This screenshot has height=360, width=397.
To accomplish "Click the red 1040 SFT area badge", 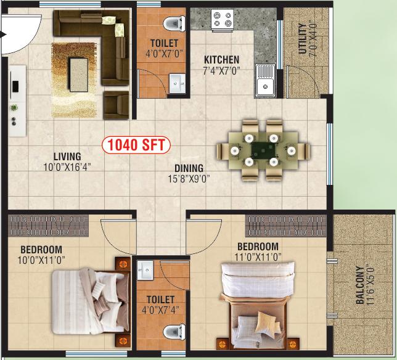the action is point(136,145).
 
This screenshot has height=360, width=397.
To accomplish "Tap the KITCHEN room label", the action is point(221,60).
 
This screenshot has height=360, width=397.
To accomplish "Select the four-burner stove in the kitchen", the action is point(223,20).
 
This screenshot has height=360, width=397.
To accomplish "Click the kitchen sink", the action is point(265,81).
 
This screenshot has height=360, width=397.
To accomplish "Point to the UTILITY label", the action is point(302,38).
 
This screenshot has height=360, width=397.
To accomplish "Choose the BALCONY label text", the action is point(359,285).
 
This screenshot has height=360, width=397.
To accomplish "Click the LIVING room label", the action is point(67,157).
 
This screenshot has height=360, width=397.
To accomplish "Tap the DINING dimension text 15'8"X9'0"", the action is point(189,179).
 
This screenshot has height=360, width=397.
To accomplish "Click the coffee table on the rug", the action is point(79,75).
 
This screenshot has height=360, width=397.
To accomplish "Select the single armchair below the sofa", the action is point(117,105).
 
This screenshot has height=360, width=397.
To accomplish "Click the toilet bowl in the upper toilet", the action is point(174,23).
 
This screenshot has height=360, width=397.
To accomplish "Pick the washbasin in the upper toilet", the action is point(177,83).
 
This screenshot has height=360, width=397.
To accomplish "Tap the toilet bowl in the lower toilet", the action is point(174,332).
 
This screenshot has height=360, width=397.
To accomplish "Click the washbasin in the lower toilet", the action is point(145,271).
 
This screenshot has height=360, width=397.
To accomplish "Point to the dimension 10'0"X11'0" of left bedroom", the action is point(41,260).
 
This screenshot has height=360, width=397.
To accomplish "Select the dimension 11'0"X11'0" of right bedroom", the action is point(258,257).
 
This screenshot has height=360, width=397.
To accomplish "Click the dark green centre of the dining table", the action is point(263,150).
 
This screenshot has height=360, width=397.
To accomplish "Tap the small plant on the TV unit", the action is point(14,108).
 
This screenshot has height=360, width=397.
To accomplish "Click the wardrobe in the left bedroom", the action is point(48,226).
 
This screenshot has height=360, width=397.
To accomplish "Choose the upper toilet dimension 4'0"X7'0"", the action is point(164,54).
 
